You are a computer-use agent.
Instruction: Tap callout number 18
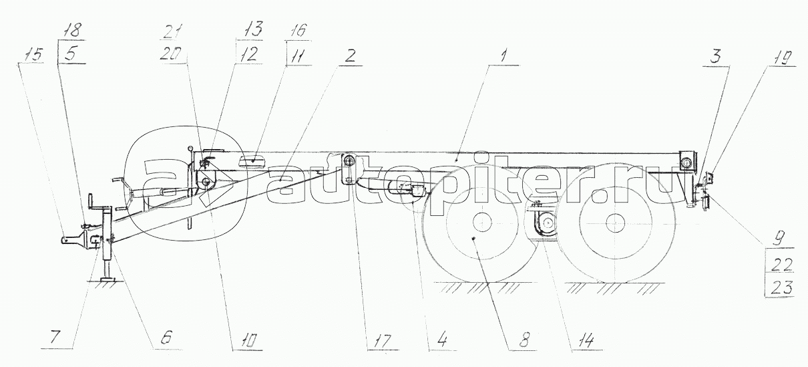click(73, 31)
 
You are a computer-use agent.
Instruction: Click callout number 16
click(298, 30)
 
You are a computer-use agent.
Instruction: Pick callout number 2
click(349, 56)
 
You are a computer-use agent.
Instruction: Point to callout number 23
click(782, 287)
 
